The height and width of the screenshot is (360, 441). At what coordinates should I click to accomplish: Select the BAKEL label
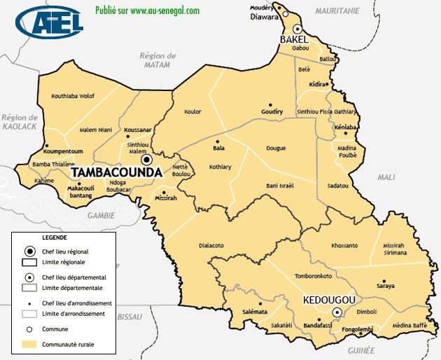point(294,40)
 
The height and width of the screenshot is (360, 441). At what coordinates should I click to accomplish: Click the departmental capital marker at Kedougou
point(337,312)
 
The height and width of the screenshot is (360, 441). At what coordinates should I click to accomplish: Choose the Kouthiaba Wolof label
point(73,96)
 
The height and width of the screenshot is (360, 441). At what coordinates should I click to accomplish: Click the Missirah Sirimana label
point(398,250)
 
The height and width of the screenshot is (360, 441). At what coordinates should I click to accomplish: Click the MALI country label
point(386,178)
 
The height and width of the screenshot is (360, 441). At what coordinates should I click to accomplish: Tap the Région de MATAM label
point(157,60)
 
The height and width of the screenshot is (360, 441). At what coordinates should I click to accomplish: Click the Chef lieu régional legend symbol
point(30,251)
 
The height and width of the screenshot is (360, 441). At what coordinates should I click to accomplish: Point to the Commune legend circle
point(30,328)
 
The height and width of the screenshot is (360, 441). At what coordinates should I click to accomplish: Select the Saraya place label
point(386,286)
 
